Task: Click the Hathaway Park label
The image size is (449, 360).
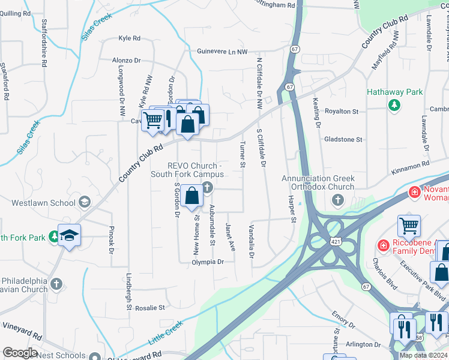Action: click(395, 92)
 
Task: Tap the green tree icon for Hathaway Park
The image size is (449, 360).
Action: click(394, 106)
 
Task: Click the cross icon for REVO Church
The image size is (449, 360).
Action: click(207, 188)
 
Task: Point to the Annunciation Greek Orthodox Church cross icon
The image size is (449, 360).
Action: click(337, 200)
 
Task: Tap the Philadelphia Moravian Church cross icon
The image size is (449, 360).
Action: click(56, 283)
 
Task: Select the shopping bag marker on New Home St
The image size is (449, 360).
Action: click(192, 196)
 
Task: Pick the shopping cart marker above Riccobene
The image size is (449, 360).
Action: click(409, 226)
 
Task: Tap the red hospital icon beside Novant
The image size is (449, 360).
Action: click(414, 192)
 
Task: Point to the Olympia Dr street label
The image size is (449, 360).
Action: click(208, 262)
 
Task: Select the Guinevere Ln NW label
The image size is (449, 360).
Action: click(222, 52)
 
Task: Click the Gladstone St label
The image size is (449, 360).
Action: click(343, 139)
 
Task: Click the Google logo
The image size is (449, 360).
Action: click(20, 353)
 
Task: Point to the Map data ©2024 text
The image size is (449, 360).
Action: click(423, 355)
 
